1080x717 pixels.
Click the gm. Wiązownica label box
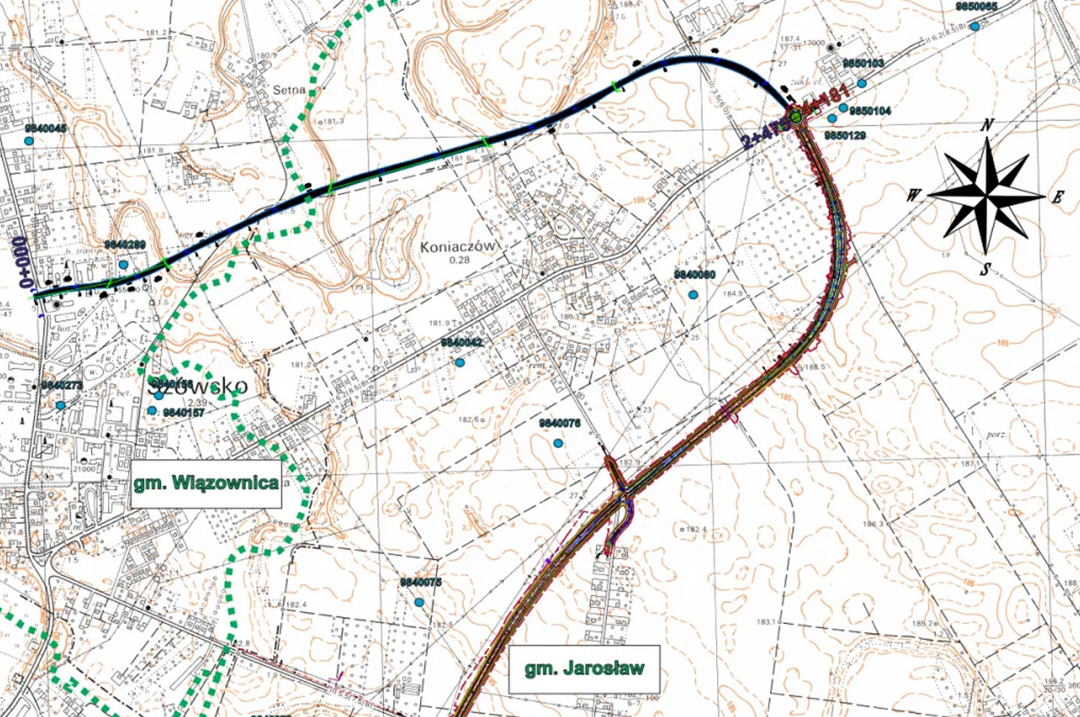tap(206, 483)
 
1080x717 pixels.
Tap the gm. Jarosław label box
tap(584, 668)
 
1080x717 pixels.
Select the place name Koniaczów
tap(458, 246)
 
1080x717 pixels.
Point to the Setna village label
tap(289, 90)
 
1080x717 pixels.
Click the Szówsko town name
tap(199, 386)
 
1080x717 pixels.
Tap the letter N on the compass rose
tap(988, 125)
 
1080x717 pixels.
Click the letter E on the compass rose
tap(1057, 197)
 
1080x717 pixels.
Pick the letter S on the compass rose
tap(985, 270)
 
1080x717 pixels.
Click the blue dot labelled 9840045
tap(29, 141)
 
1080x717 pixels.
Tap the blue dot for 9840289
tap(123, 265)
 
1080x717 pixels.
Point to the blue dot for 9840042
tap(460, 363)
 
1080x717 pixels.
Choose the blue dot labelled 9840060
tap(693, 295)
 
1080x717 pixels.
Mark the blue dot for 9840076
tap(558, 444)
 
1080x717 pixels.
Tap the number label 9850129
tap(844, 136)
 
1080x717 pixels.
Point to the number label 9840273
tap(61, 385)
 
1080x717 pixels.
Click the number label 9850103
tap(862, 64)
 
